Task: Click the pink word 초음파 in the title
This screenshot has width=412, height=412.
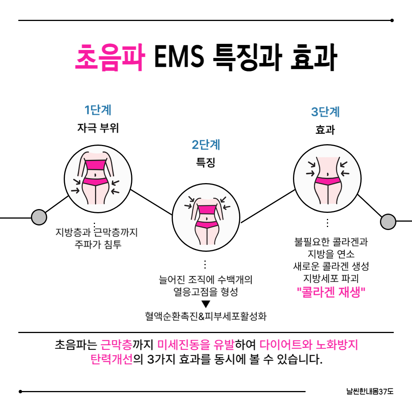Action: [x=110, y=58]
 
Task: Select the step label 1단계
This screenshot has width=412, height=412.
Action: [x=98, y=110]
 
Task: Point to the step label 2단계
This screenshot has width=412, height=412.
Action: [x=206, y=145]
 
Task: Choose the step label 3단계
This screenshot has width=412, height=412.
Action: [x=325, y=112]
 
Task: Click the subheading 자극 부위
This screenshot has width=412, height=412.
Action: [x=98, y=128]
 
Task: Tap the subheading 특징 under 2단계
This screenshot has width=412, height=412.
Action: [x=206, y=163]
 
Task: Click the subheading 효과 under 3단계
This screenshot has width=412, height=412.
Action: [x=325, y=130]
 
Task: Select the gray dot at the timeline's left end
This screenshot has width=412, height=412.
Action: [x=39, y=217]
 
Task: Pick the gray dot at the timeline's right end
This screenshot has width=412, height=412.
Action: [x=388, y=222]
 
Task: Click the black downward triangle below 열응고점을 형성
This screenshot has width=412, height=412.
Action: [x=206, y=304]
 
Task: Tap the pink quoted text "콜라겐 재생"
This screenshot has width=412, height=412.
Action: [x=331, y=293]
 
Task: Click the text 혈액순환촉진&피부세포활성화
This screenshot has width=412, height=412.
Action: [x=206, y=316]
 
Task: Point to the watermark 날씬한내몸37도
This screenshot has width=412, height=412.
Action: [x=369, y=391]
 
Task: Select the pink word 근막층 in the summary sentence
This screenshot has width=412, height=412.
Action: [x=116, y=346]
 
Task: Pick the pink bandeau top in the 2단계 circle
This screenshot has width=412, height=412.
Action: [x=206, y=209]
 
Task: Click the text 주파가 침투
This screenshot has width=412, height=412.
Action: [x=98, y=244]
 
